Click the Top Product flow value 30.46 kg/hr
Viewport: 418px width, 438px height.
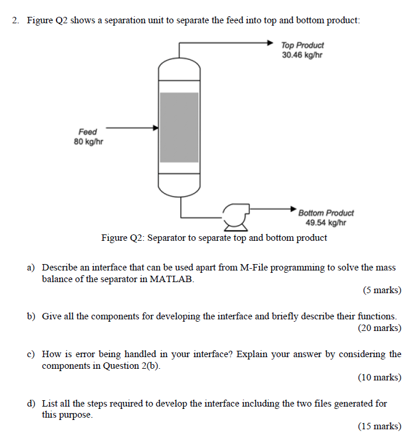pos(301,55)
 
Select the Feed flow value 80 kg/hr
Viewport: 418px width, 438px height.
pos(89,142)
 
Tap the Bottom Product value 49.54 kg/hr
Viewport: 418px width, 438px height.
pos(325,223)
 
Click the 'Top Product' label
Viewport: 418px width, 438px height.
pos(302,45)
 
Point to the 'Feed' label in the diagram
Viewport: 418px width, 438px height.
pos(87,132)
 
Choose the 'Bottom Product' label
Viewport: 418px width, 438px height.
pos(325,213)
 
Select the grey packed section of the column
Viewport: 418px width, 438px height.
pos(179,127)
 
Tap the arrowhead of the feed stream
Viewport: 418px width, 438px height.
pos(156,127)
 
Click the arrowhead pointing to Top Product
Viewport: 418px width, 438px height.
pos(269,42)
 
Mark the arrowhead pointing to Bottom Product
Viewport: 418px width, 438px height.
pos(294,207)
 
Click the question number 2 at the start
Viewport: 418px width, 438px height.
pos(16,21)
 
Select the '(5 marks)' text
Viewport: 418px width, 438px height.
pos(382,290)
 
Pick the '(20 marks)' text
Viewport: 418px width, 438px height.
pos(380,327)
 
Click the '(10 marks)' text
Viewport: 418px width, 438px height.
pos(380,378)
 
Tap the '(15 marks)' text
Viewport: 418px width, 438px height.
pos(380,426)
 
